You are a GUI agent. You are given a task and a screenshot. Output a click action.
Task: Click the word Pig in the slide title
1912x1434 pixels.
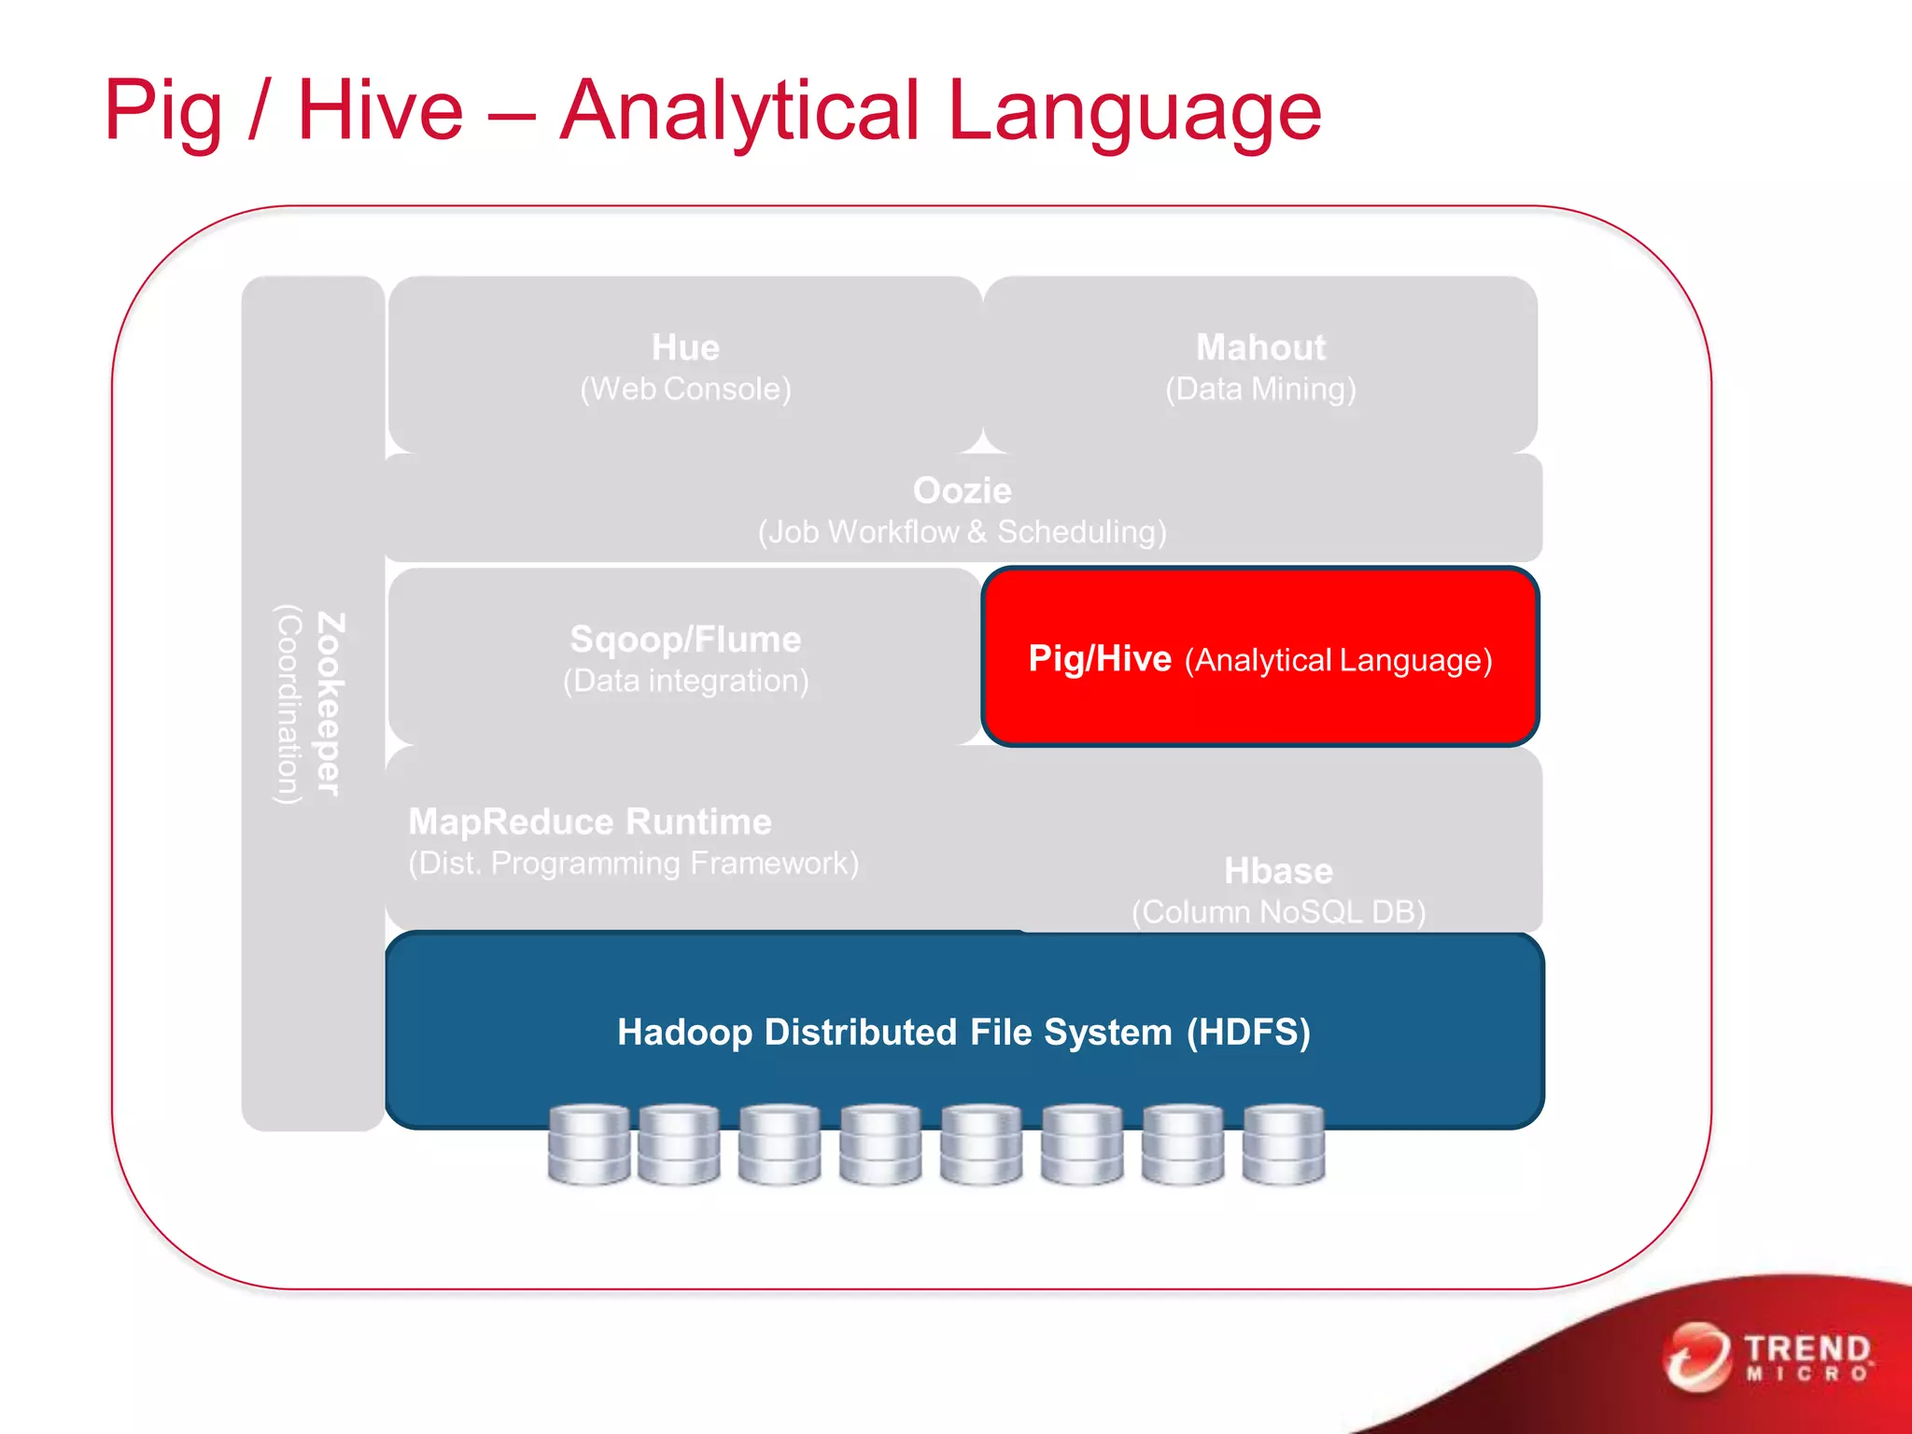tap(163, 112)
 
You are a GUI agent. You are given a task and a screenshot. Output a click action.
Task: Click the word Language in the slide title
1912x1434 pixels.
tap(1133, 112)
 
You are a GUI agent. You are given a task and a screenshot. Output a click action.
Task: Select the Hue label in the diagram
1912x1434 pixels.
tap(685, 347)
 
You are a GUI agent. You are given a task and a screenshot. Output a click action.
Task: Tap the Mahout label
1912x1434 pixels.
tap(1260, 347)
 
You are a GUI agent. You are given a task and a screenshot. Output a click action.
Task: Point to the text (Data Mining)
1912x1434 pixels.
tap(1260, 389)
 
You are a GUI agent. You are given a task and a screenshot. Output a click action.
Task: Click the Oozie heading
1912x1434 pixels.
tap(962, 490)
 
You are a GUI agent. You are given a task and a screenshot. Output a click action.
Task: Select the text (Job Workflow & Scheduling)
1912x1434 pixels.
tap(962, 532)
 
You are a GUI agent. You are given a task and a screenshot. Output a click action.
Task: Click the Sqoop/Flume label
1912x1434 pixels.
tap(685, 640)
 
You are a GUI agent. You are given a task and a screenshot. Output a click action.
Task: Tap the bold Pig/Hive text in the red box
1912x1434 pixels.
tap(1099, 659)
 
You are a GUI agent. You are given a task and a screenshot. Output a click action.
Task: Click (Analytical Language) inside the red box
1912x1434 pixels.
tap(1338, 661)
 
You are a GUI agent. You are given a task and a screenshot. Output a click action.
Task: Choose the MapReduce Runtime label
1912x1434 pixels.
tap(590, 822)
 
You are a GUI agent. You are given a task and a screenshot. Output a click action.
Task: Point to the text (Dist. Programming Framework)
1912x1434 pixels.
tap(633, 864)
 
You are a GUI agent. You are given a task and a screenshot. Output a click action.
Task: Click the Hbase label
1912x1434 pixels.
tap(1278, 871)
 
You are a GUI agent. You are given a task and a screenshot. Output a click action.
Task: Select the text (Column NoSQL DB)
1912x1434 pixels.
tap(1278, 912)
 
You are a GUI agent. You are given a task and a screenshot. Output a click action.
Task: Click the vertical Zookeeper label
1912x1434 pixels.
tap(330, 704)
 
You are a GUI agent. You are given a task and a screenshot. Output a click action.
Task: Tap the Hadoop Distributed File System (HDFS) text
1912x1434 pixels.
tap(963, 1033)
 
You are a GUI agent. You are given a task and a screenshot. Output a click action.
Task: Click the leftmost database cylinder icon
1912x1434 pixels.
tap(588, 1145)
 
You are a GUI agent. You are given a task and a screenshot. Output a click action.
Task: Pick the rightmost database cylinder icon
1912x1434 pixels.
tap(1284, 1145)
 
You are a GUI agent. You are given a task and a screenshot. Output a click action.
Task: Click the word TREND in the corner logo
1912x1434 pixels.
tap(1807, 1348)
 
